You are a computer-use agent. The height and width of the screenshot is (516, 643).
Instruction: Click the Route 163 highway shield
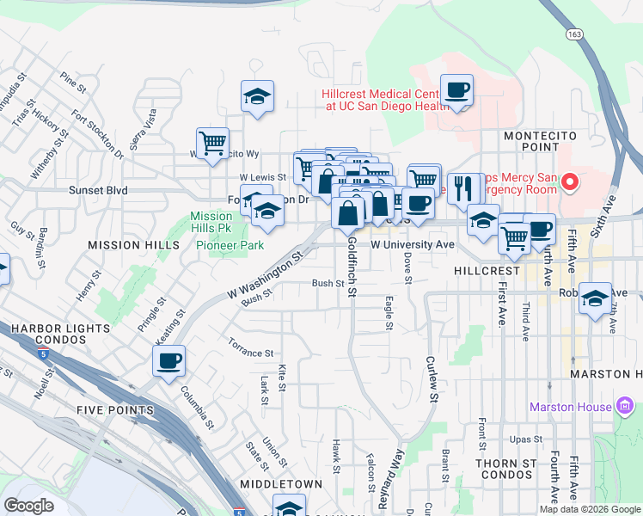[574, 33]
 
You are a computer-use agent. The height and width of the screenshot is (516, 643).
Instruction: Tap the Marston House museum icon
[625, 406]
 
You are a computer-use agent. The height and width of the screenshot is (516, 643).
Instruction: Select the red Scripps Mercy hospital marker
[570, 181]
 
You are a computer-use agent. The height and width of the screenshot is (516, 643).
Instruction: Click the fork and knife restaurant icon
[464, 187]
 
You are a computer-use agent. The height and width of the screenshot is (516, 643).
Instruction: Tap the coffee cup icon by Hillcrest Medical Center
[456, 89]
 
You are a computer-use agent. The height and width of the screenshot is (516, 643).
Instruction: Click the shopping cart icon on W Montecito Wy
[211, 142]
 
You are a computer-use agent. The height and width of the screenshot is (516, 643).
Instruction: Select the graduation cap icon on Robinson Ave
[594, 298]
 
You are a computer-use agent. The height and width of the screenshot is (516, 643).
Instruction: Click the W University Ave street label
[412, 245]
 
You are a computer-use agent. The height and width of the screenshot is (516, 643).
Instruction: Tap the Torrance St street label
[250, 353]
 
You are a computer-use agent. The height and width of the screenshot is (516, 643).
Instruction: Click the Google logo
[29, 506]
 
